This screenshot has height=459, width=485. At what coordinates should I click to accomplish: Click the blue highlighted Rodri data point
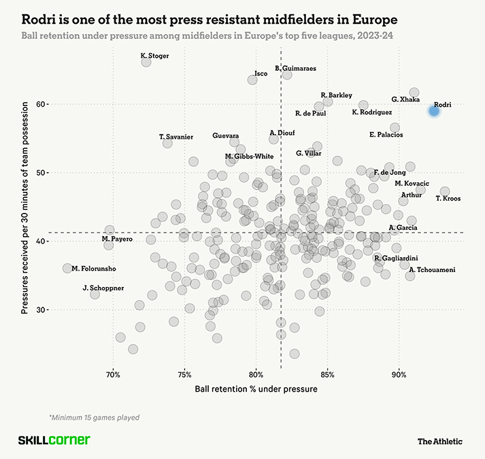[x=434, y=111]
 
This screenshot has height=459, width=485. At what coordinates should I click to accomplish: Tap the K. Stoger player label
[x=154, y=56]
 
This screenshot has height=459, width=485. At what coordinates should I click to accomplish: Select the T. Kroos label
[x=448, y=199]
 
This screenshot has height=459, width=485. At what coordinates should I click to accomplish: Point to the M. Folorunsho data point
[x=67, y=269]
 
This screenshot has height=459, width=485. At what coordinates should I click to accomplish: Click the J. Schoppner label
[x=103, y=288]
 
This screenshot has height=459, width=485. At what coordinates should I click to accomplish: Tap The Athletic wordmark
[x=439, y=441]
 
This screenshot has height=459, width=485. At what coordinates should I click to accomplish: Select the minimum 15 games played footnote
[x=90, y=416]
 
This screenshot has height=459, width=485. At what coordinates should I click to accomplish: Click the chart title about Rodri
[x=209, y=16]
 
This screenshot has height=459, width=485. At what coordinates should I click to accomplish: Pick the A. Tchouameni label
[x=432, y=270]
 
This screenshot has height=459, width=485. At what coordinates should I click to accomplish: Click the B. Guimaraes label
[x=295, y=68]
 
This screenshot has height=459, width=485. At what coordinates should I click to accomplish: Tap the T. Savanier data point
[x=167, y=143]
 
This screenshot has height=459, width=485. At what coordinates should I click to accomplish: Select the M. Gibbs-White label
[x=249, y=156]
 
